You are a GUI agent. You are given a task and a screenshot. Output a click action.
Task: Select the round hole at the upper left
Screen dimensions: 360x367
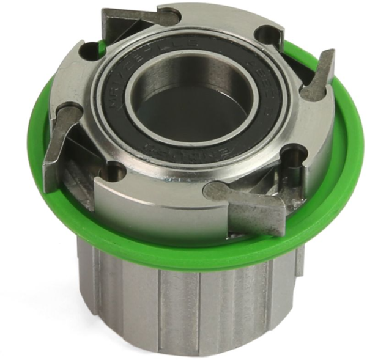pos(92,50)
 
